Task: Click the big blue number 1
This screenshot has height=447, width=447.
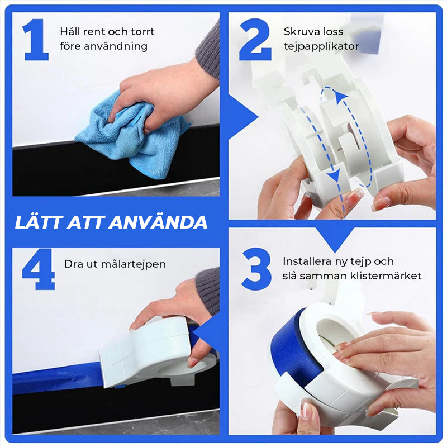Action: pyautogui.click(x=36, y=40)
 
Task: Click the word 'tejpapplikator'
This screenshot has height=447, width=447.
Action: pyautogui.click(x=321, y=46)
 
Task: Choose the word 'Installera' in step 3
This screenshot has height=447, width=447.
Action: pyautogui.click(x=306, y=261)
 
